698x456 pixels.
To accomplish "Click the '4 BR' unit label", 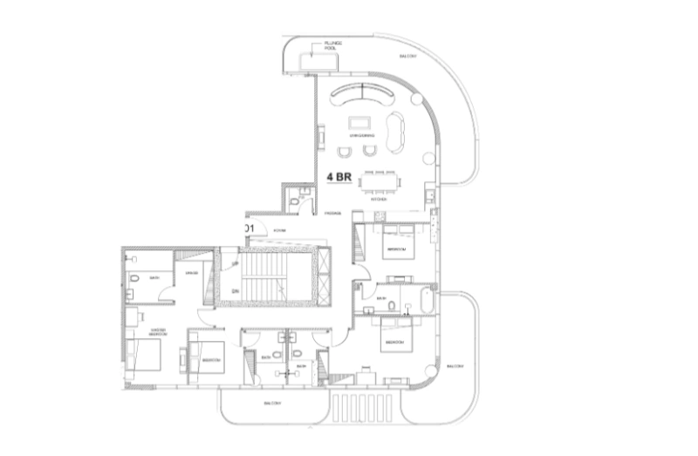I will [x=339, y=176].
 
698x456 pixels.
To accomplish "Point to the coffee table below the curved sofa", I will [x=358, y=122].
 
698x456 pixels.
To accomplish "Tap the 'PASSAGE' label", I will [x=332, y=213].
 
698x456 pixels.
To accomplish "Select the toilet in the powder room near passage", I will [x=295, y=202].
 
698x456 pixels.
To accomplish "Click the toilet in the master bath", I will [x=137, y=279].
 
